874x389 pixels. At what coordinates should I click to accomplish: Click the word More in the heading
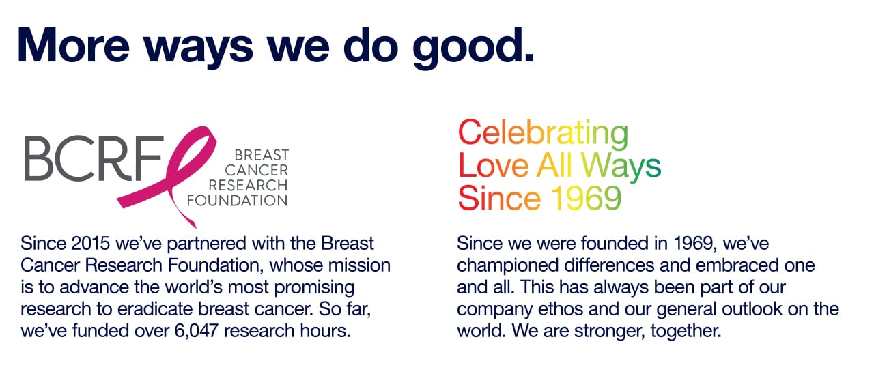point(73,45)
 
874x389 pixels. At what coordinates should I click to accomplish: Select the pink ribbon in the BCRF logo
point(168,176)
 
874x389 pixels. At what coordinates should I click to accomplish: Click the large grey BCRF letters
point(94,158)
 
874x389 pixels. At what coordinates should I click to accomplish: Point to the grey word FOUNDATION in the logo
point(237,201)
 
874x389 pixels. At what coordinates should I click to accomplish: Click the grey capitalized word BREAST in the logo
point(262,155)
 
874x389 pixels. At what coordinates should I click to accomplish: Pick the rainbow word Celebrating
point(543,134)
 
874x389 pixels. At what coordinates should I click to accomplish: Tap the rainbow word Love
point(493,166)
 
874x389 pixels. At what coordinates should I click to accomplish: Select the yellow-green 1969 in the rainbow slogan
point(586,198)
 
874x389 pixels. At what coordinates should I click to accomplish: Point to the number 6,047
point(196,331)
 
